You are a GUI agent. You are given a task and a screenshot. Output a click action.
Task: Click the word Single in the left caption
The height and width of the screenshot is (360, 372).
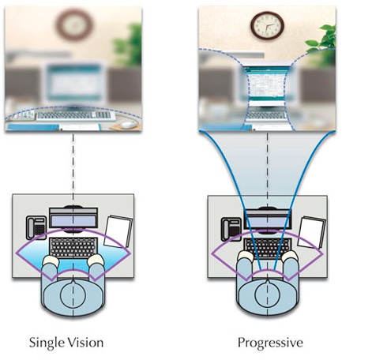pyautogui.click(x=47, y=343)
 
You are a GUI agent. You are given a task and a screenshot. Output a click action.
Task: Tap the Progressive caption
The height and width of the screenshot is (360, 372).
pyautogui.click(x=270, y=343)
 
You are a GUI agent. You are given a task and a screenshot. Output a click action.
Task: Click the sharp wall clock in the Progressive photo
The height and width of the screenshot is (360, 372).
pyautogui.click(x=267, y=25)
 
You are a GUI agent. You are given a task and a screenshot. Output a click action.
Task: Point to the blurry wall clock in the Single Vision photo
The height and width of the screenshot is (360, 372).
pyautogui.click(x=74, y=24)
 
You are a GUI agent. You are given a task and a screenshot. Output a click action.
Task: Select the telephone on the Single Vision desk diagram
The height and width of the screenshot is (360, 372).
pyautogui.click(x=36, y=227)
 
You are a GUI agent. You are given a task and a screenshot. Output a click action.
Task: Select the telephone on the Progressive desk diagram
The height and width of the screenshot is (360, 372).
pyautogui.click(x=231, y=229)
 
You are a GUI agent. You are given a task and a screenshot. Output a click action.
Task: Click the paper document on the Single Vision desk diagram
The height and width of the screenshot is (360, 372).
pyautogui.click(x=118, y=231)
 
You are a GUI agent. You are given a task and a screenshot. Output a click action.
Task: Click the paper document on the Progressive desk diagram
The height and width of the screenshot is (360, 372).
pyautogui.click(x=312, y=232)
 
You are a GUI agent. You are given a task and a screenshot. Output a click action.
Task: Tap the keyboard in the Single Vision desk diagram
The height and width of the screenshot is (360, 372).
pyautogui.click(x=73, y=247)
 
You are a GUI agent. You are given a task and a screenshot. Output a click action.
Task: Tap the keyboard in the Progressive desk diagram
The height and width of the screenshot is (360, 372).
pyautogui.click(x=268, y=248)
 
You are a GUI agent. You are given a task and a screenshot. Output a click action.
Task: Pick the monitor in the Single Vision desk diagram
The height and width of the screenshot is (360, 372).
pyautogui.click(x=73, y=218)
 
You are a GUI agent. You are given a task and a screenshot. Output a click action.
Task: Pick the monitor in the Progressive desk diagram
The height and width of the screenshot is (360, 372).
pyautogui.click(x=268, y=219)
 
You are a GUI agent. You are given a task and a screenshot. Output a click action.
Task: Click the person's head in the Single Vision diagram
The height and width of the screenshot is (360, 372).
pyautogui.click(x=73, y=294)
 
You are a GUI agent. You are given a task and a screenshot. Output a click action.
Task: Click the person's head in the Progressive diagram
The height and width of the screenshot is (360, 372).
pyautogui.click(x=268, y=294)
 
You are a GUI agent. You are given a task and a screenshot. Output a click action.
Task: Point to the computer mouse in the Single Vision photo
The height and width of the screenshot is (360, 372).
pyautogui.click(x=129, y=125)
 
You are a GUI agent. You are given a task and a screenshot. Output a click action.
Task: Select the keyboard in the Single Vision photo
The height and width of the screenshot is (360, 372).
pyautogui.click(x=76, y=115)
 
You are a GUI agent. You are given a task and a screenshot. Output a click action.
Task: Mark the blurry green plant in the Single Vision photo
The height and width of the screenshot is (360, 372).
pyautogui.click(x=128, y=45)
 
